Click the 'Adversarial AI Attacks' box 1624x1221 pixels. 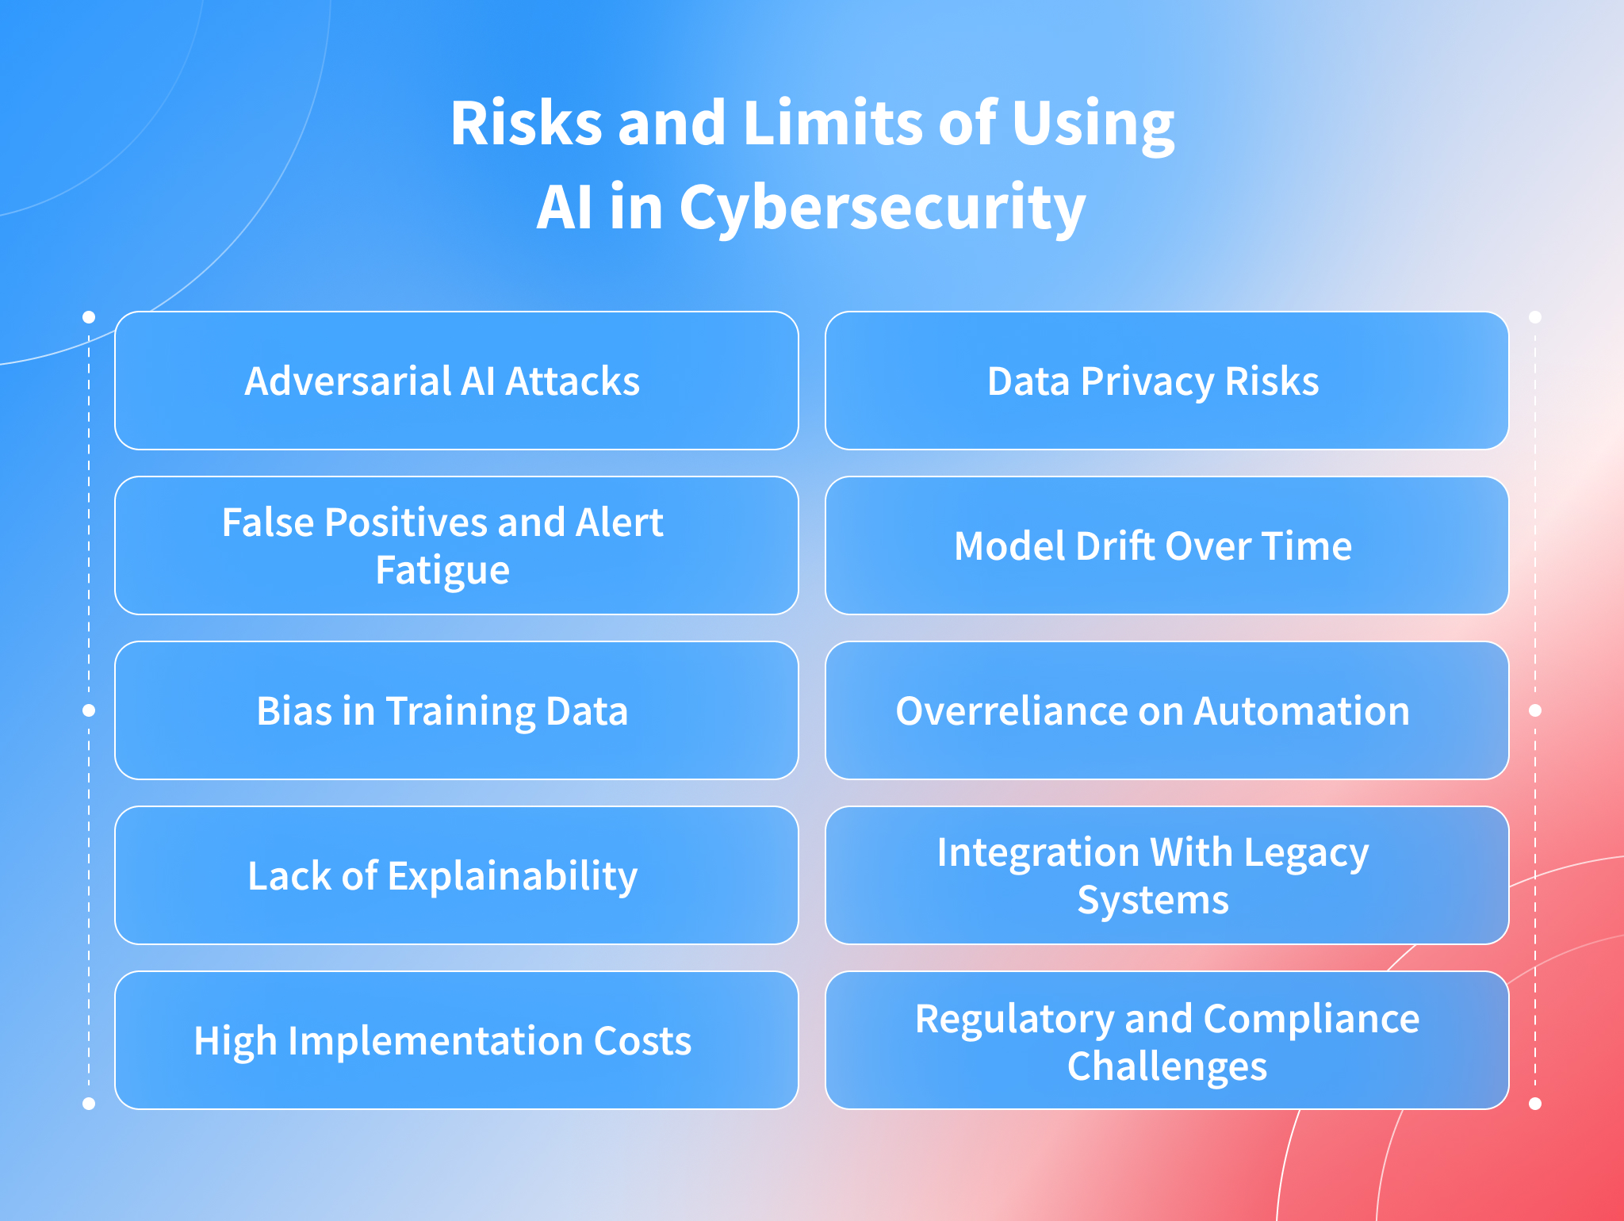tap(456, 381)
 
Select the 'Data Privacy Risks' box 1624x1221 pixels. tap(1166, 381)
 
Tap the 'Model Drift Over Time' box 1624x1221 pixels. tap(1166, 545)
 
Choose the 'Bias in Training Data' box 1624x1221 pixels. tap(456, 710)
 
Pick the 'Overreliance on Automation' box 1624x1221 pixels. tap(1166, 710)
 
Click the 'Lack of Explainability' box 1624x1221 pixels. tap(456, 875)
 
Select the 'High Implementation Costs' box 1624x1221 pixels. tap(456, 1040)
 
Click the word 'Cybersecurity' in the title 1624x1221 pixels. tap(882, 209)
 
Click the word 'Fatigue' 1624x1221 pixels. tap(442, 571)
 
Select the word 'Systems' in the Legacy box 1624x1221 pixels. tap(1153, 901)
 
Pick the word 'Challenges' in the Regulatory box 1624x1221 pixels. tap(1166, 1067)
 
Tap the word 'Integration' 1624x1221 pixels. tap(1038, 853)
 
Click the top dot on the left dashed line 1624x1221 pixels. tap(89, 317)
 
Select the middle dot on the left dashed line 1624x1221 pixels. tap(89, 710)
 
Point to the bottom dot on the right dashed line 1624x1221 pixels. tap(1535, 1104)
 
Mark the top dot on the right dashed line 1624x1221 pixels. tap(1535, 317)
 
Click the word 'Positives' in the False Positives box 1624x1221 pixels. tap(406, 522)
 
